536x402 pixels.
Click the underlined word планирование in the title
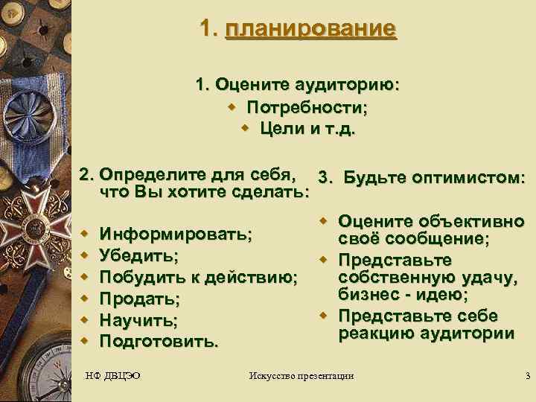[x=310, y=30]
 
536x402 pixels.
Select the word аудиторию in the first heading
[x=351, y=85]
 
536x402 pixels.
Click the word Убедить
[x=138, y=256]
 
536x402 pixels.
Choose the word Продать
[x=139, y=299]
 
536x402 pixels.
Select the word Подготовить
[x=159, y=342]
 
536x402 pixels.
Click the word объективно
[x=477, y=221]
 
